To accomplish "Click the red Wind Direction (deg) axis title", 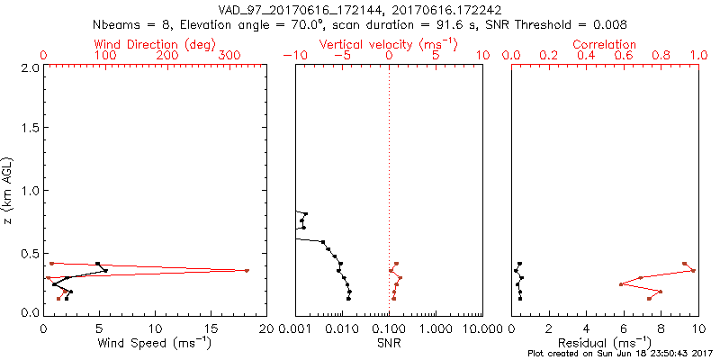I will [x=156, y=44].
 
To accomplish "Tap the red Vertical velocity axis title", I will [x=388, y=44].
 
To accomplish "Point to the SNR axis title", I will [x=389, y=344].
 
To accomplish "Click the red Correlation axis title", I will [x=605, y=44].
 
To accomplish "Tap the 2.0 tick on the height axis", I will [x=29, y=67].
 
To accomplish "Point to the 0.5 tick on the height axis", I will [x=29, y=252].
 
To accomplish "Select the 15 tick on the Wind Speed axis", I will [x=211, y=328].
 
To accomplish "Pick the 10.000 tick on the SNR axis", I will [x=481, y=328].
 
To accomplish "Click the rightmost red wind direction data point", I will [x=247, y=270].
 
